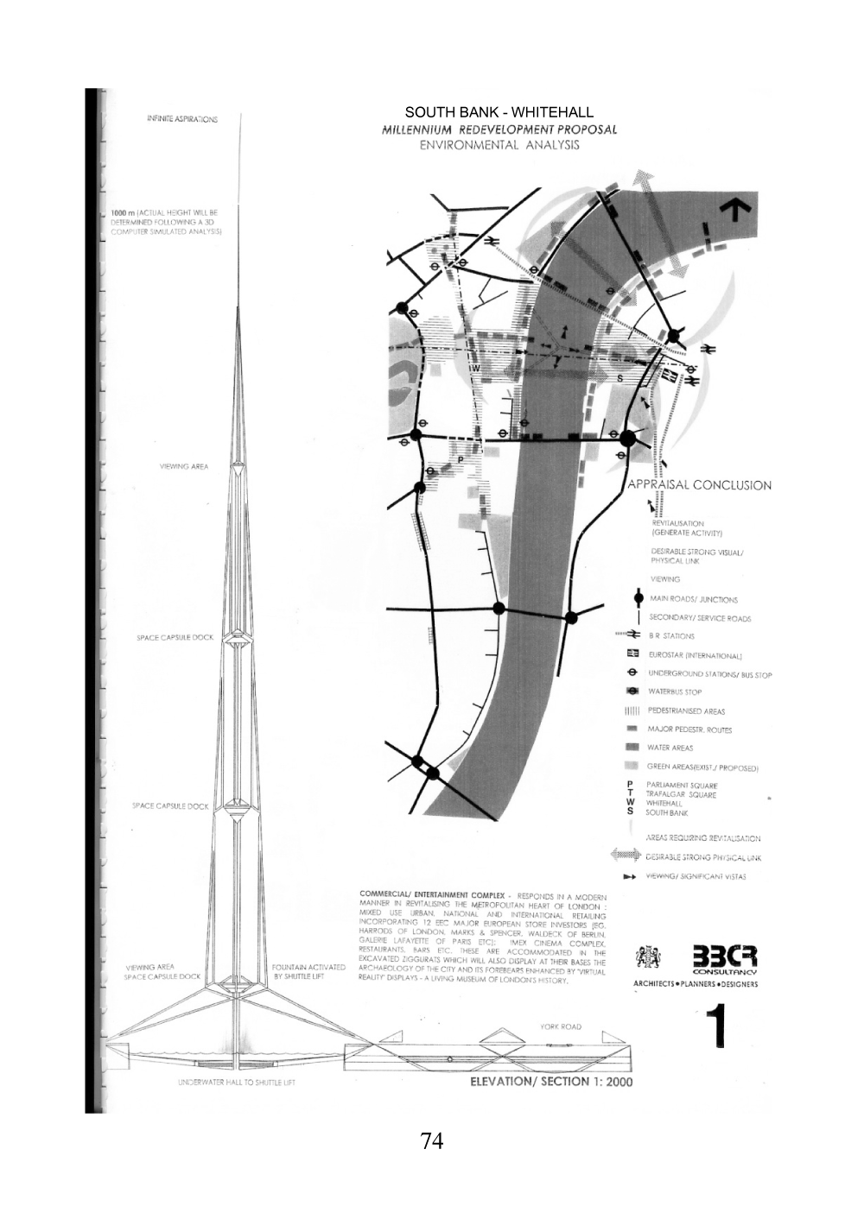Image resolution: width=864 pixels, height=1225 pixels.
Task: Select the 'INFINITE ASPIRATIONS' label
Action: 182,119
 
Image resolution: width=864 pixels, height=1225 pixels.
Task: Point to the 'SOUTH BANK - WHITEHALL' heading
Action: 499,112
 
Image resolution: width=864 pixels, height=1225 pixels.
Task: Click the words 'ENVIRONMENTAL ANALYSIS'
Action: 499,145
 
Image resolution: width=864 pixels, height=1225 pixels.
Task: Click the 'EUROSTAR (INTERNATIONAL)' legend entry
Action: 696,655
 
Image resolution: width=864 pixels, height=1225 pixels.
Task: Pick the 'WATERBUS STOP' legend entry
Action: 675,691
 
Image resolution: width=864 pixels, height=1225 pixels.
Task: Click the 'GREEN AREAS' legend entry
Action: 702,767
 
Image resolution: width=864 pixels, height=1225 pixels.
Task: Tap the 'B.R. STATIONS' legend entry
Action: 671,636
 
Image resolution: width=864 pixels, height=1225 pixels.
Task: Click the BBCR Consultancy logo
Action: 723,958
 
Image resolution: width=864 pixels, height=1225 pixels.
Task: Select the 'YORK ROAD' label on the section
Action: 560,1026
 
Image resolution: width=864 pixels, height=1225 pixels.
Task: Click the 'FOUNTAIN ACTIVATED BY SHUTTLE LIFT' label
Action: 308,971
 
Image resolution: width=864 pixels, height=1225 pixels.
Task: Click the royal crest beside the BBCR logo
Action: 648,957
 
